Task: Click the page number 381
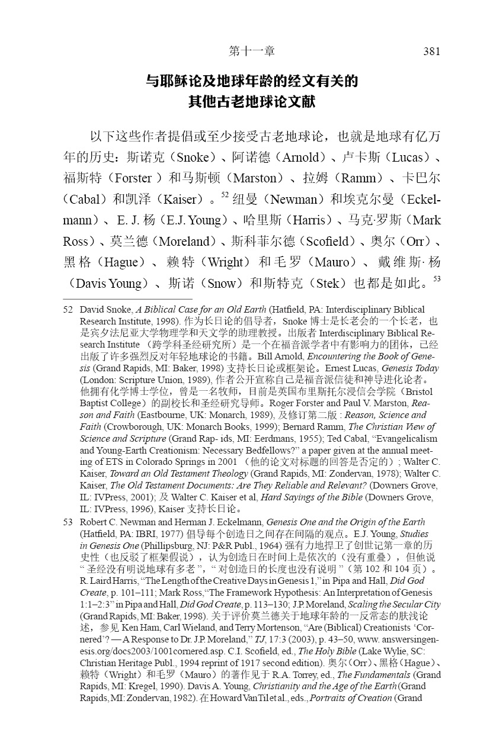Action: (x=431, y=52)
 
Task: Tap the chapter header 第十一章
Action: (x=252, y=52)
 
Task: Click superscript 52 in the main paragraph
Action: (x=225, y=194)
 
